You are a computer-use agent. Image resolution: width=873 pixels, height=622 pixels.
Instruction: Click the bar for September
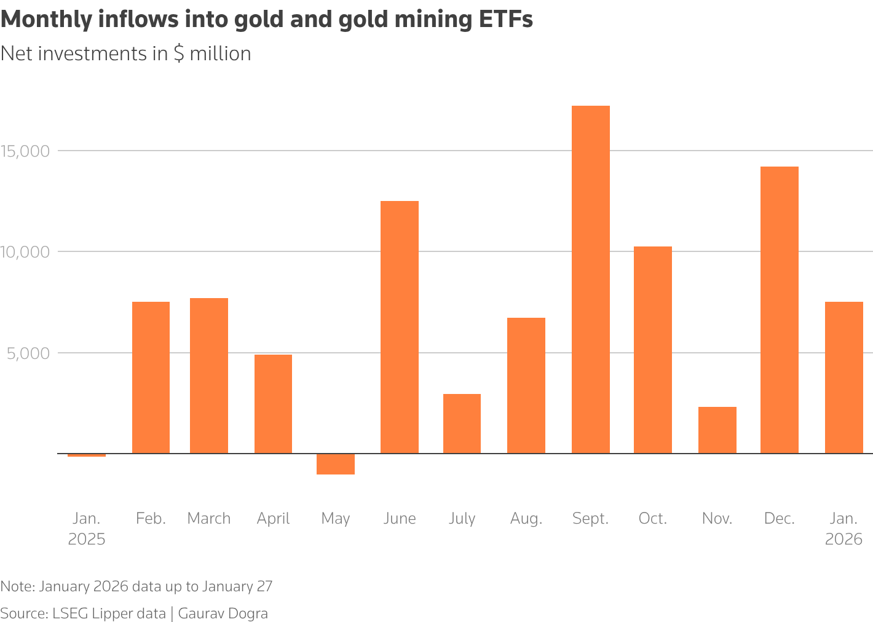pyautogui.click(x=590, y=280)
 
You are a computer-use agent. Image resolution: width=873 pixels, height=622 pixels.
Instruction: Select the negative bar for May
pyautogui.click(x=335, y=464)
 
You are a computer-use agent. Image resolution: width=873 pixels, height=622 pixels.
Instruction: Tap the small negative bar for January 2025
pyautogui.click(x=86, y=455)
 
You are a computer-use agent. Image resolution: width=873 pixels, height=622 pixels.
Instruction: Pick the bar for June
pyautogui.click(x=399, y=327)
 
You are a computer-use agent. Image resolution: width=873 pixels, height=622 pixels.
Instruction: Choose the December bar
pyautogui.click(x=779, y=310)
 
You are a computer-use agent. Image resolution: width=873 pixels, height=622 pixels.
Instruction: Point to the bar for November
pyautogui.click(x=717, y=430)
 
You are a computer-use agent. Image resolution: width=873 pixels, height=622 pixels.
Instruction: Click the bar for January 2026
pyautogui.click(x=843, y=377)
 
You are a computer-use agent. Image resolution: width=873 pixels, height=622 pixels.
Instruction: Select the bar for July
pyautogui.click(x=462, y=423)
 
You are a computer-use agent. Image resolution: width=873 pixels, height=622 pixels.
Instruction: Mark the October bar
pyautogui.click(x=652, y=350)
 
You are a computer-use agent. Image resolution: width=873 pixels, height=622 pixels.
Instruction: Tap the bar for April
pyautogui.click(x=273, y=404)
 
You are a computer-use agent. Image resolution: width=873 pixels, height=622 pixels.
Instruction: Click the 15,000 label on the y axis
pyautogui.click(x=25, y=151)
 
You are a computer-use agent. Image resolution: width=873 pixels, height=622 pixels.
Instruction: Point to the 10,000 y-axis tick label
pyautogui.click(x=25, y=252)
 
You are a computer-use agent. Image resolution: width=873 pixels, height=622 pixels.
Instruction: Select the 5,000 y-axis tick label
pyautogui.click(x=29, y=353)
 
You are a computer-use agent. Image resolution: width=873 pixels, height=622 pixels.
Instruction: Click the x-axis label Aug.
pyautogui.click(x=526, y=519)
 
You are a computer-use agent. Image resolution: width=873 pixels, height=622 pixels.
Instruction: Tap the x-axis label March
pyautogui.click(x=209, y=519)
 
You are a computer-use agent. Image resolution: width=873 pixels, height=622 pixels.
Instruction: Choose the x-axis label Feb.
pyautogui.click(x=151, y=519)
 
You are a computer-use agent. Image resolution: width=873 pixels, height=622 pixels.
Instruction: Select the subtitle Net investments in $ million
pyautogui.click(x=126, y=54)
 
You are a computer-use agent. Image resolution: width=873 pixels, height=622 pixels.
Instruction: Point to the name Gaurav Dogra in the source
pyautogui.click(x=223, y=613)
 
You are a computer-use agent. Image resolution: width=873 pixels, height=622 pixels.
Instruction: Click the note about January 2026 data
pyautogui.click(x=136, y=586)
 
